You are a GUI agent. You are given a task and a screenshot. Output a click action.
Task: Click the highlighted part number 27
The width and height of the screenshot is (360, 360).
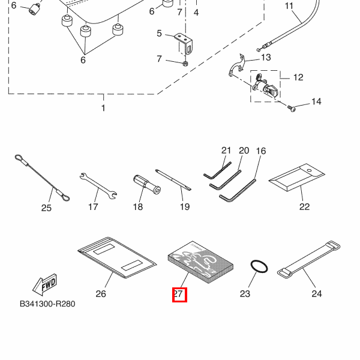[x=179, y=294]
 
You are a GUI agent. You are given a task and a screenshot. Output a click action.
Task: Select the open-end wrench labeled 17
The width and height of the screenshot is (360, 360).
[x=98, y=185]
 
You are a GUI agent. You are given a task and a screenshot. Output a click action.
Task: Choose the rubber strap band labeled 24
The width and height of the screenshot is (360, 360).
[x=308, y=259]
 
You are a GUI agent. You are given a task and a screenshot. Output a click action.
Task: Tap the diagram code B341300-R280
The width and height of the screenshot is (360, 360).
[x=47, y=304]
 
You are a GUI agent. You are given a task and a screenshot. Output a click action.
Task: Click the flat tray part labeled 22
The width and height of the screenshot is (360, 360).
[x=296, y=181]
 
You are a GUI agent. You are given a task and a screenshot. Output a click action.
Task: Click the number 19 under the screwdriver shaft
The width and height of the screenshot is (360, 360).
[x=184, y=207]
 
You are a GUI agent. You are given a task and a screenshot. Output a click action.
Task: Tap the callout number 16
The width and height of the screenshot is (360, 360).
[x=261, y=151]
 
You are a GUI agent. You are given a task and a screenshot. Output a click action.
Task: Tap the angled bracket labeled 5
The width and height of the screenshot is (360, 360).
[x=185, y=43]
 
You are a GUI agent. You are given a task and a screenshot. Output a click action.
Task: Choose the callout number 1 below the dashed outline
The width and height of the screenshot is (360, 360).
[x=103, y=109]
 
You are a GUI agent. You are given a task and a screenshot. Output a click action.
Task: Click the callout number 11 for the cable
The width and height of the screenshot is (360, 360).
[x=289, y=7]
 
